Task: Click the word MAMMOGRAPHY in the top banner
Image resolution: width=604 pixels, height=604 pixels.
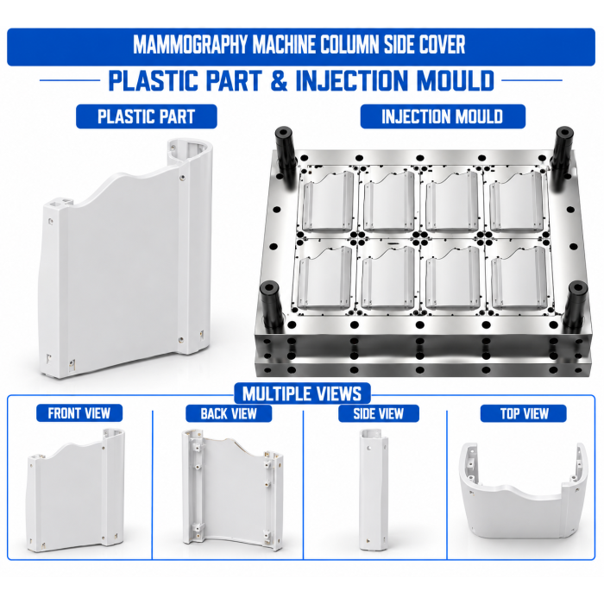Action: (192, 45)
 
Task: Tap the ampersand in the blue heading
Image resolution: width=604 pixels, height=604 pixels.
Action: (280, 80)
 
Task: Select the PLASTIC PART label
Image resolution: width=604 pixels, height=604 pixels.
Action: (147, 116)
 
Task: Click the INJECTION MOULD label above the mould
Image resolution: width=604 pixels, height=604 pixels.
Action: (442, 116)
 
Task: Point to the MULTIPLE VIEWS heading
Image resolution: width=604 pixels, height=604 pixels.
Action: (302, 393)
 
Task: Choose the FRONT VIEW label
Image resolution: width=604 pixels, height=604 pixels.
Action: (79, 413)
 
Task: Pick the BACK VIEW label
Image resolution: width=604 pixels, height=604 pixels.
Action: (229, 413)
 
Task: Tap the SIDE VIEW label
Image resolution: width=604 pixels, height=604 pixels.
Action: (379, 413)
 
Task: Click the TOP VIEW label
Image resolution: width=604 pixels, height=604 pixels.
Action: (524, 413)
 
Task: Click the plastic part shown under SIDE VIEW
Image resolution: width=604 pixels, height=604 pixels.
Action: (373, 489)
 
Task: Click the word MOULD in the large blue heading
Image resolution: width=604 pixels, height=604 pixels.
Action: (456, 80)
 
